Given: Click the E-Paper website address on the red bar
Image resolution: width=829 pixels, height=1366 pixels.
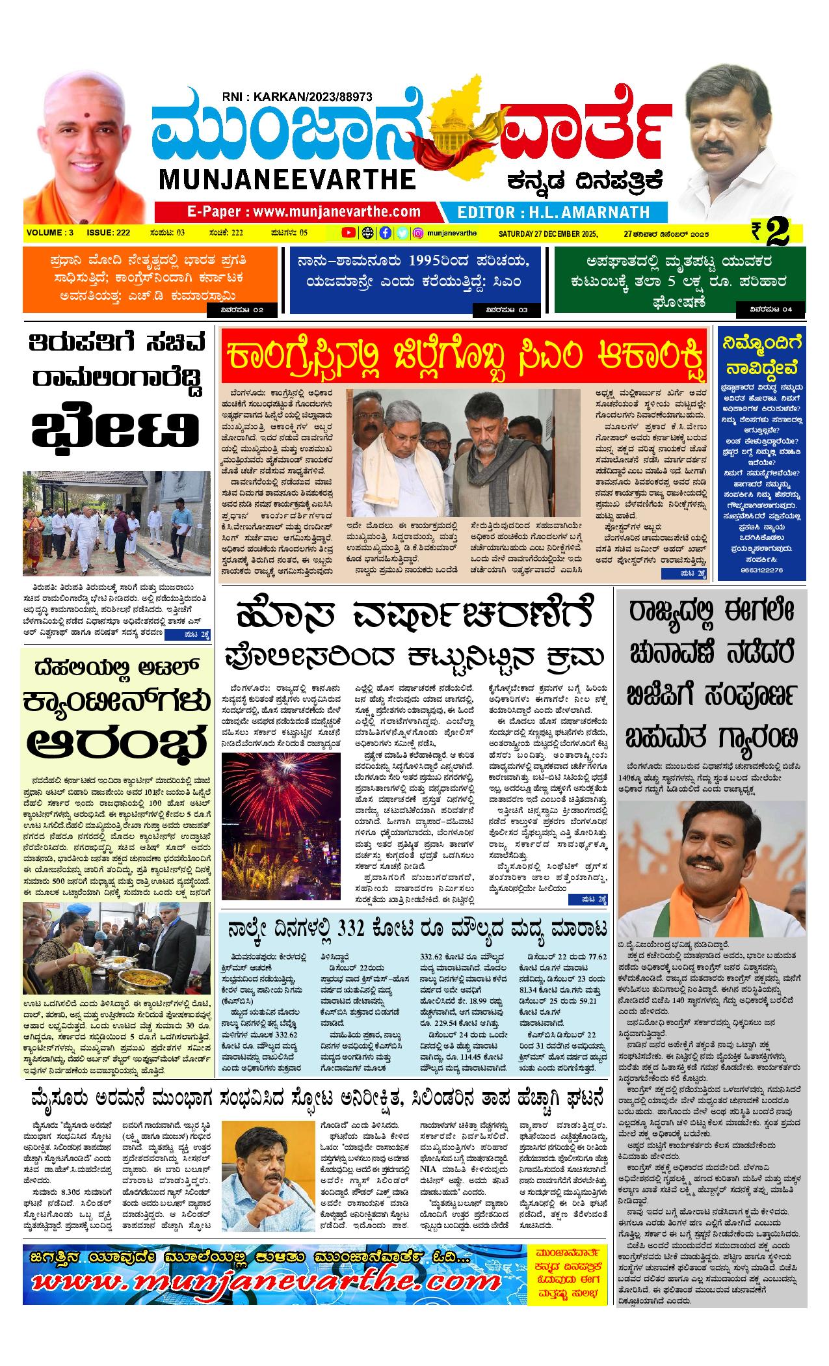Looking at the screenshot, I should pyautogui.click(x=304, y=211).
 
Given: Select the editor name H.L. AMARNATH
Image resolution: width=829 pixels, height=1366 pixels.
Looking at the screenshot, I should pyautogui.click(x=553, y=212).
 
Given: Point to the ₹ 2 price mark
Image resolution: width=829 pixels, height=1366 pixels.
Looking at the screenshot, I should pyautogui.click(x=770, y=233).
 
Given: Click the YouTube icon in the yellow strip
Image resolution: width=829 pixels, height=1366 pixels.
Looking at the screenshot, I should pyautogui.click(x=350, y=233).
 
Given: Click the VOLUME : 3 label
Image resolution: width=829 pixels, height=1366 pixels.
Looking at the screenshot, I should pyautogui.click(x=50, y=233).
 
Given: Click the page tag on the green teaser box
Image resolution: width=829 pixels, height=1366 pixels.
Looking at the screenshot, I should pyautogui.click(x=771, y=310).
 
